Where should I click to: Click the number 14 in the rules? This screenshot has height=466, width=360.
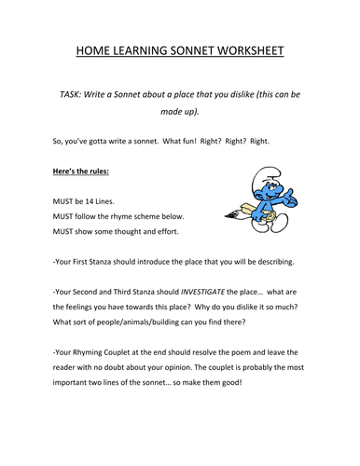tap(104, 200)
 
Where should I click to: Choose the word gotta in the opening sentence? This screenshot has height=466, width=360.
tap(108, 142)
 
